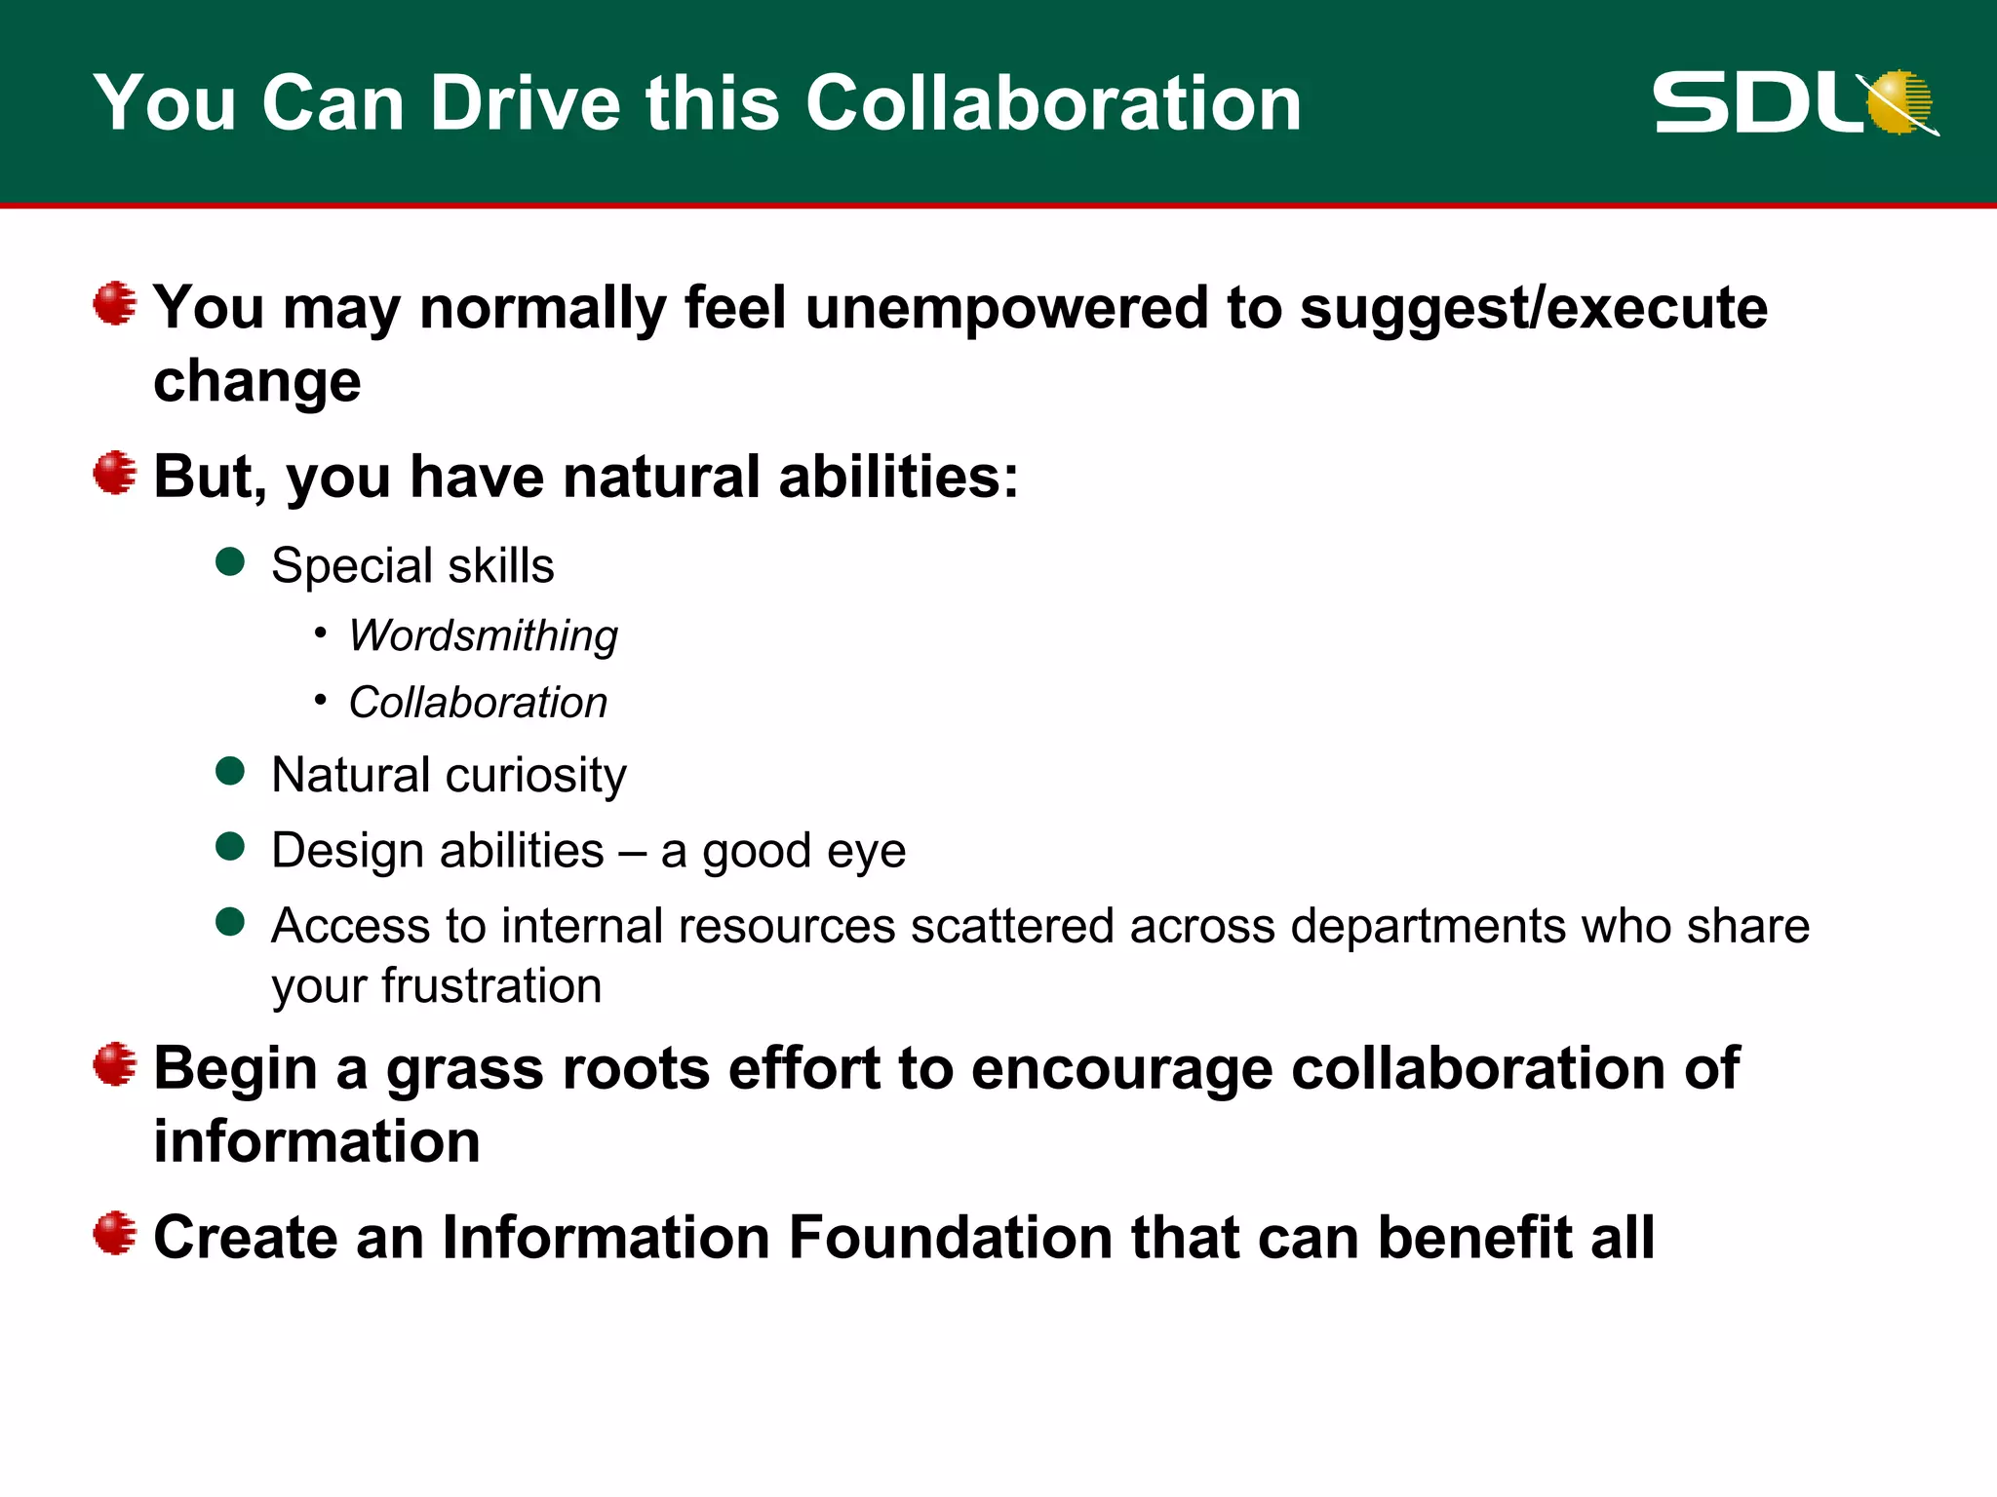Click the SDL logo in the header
[x=1794, y=102]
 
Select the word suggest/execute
[x=1533, y=308]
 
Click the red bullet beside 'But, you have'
[x=115, y=473]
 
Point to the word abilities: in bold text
[x=898, y=477]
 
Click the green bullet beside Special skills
[x=230, y=562]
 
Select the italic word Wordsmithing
[x=484, y=635]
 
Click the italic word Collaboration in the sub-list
[x=478, y=703]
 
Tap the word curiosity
[x=535, y=776]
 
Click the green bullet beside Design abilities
[x=230, y=847]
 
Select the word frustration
[x=490, y=986]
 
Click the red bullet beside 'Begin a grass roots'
[x=115, y=1064]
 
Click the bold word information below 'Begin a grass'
[x=317, y=1141]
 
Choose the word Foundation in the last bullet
[x=950, y=1238]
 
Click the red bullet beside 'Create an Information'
[x=115, y=1234]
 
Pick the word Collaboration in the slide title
[x=1053, y=102]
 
